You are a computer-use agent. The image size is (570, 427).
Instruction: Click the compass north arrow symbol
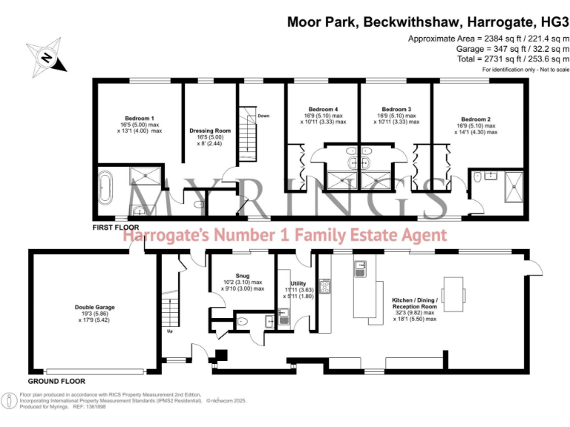(x=47, y=57)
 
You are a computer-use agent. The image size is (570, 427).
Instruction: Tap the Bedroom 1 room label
(x=140, y=119)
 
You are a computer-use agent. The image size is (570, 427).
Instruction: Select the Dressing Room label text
(x=210, y=130)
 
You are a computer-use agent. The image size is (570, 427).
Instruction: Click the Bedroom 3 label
(x=396, y=108)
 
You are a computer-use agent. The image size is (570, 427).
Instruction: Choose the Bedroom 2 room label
(x=476, y=119)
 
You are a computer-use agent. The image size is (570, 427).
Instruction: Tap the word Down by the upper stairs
(x=263, y=116)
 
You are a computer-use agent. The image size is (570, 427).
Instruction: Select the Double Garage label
(x=94, y=306)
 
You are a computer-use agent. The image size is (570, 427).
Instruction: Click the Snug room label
(x=243, y=275)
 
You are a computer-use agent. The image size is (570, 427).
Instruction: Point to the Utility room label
(x=298, y=283)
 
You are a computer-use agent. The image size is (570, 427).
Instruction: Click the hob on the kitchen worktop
(x=324, y=285)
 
